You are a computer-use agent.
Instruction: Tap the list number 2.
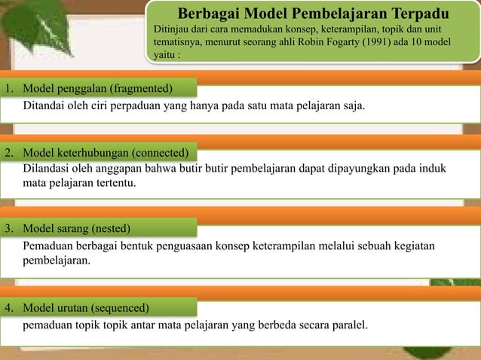tap(8, 153)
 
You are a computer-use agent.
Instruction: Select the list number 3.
tap(8, 227)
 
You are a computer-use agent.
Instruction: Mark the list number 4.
tap(8, 308)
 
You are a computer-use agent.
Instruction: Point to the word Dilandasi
tap(46, 167)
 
